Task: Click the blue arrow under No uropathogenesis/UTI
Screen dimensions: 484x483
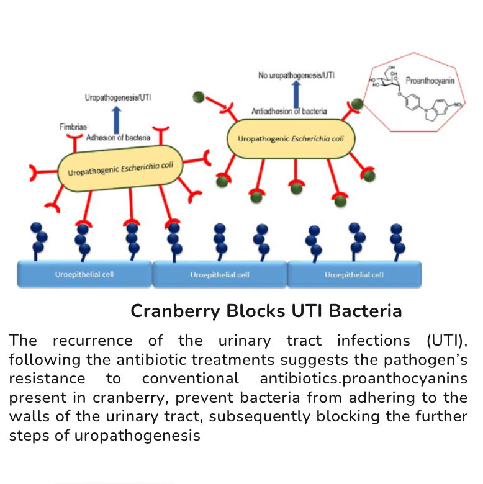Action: click(296, 93)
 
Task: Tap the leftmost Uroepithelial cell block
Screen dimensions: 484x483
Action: click(84, 274)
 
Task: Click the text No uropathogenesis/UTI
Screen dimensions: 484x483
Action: click(297, 75)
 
